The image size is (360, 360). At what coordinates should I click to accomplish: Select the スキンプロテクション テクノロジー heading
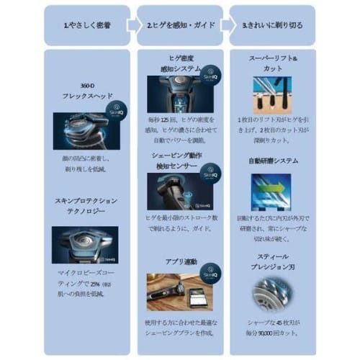pyautogui.click(x=85, y=207)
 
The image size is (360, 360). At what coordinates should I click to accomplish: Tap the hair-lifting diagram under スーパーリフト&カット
pyautogui.click(x=272, y=94)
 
